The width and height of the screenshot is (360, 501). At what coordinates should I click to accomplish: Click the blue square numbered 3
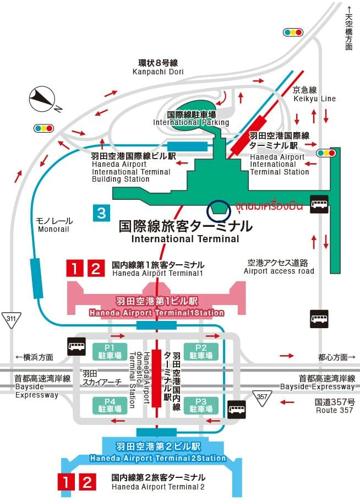(102, 213)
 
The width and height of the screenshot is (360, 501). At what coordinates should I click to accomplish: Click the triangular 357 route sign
(262, 398)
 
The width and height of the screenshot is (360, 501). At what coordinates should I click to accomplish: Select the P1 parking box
(110, 351)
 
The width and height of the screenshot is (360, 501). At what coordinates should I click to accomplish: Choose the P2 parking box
(201, 351)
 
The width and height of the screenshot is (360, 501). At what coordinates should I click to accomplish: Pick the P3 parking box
(201, 405)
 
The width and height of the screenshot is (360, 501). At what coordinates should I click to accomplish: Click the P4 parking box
(110, 405)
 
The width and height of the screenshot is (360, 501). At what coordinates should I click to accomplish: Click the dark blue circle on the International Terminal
(219, 211)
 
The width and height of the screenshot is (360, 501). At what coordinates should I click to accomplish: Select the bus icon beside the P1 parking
(77, 346)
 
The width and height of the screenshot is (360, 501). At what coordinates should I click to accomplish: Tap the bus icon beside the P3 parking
(237, 409)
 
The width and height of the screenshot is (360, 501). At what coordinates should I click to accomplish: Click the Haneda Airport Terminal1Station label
(156, 313)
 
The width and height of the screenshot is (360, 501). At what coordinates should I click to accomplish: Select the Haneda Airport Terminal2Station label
(158, 458)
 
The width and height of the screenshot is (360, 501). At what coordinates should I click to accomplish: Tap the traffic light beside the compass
(44, 128)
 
